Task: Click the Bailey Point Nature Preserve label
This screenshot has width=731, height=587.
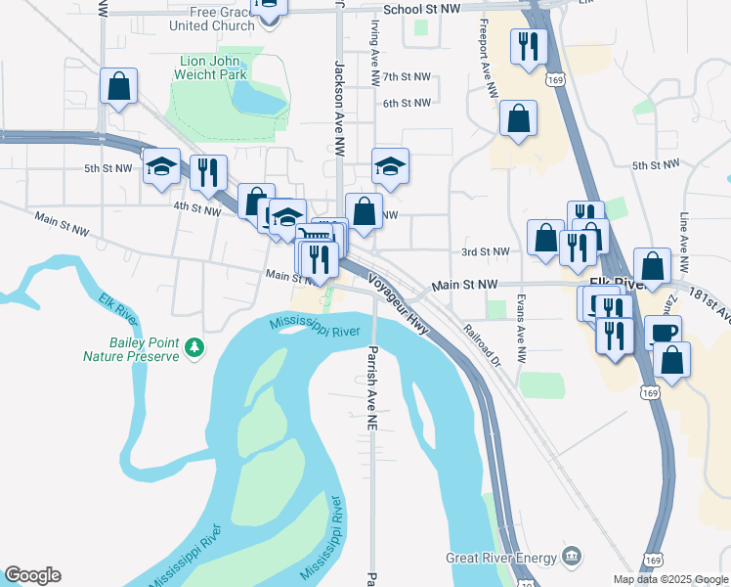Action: pyautogui.click(x=131, y=349)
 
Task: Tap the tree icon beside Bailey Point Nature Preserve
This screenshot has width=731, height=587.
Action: pyautogui.click(x=194, y=346)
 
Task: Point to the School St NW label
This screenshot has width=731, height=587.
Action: pyautogui.click(x=421, y=9)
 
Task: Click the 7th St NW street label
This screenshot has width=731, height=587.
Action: pyautogui.click(x=407, y=76)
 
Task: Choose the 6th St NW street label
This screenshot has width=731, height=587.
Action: pyautogui.click(x=407, y=103)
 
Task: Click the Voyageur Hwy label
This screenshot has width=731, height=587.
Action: pyautogui.click(x=398, y=304)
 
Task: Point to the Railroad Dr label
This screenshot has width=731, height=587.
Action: pyautogui.click(x=482, y=342)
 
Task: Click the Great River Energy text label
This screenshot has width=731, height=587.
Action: pyautogui.click(x=500, y=559)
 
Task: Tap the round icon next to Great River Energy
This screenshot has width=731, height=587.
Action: pyautogui.click(x=572, y=558)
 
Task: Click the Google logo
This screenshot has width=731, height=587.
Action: pyautogui.click(x=32, y=575)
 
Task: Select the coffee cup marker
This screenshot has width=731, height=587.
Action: pyautogui.click(x=664, y=332)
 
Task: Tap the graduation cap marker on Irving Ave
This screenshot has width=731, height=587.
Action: pyautogui.click(x=390, y=167)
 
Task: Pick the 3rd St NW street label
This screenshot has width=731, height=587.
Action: pyautogui.click(x=486, y=251)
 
